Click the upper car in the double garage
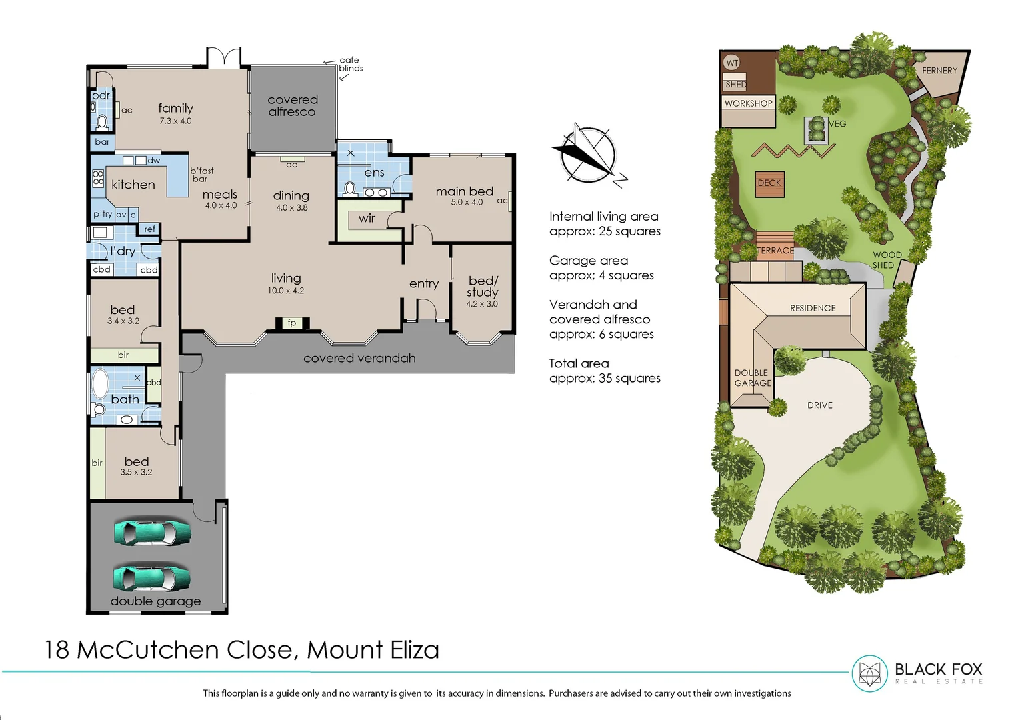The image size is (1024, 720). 153,533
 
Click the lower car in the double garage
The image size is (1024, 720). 152,578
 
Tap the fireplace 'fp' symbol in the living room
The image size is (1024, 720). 291,323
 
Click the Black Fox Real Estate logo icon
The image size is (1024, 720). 869,673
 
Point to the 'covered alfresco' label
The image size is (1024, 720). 292,106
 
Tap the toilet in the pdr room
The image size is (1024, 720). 102,122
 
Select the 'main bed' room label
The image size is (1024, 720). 464,191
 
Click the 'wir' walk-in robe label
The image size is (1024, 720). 367,219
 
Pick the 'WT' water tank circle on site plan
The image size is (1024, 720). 732,63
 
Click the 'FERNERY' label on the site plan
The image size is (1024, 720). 939,71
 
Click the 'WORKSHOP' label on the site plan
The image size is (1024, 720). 748,103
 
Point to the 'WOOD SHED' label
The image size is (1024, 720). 887,260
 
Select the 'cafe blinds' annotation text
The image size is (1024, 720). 350,64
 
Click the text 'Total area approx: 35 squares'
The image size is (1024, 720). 604,371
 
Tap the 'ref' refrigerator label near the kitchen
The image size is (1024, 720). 150,229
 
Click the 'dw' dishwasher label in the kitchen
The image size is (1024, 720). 154,161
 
